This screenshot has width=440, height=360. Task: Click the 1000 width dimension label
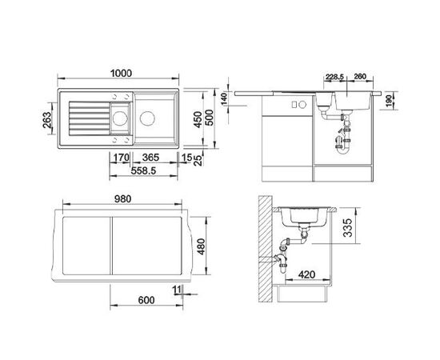122,73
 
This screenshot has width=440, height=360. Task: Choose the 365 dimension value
154,158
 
